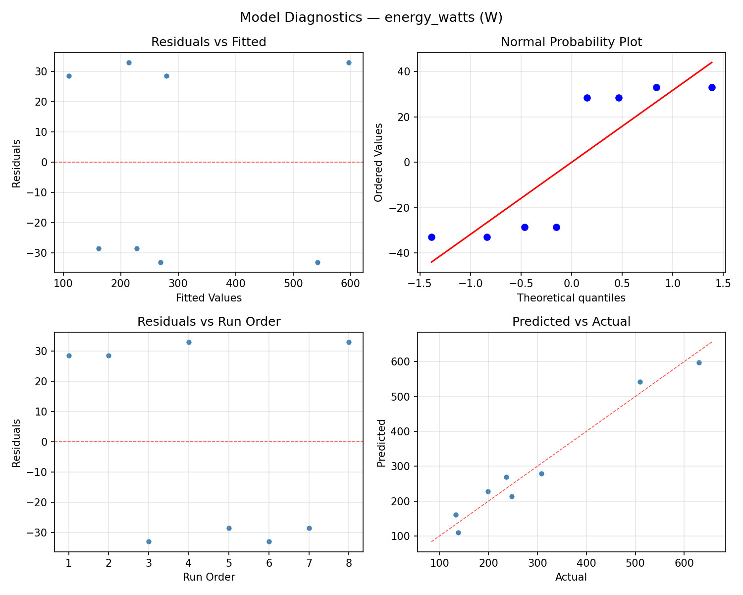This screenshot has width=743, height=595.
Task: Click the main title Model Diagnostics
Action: coord(371,18)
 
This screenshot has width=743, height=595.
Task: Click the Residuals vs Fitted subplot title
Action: coord(209,42)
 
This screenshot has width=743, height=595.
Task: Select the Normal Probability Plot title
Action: coord(571,42)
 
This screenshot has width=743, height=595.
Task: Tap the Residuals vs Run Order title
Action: coord(209,322)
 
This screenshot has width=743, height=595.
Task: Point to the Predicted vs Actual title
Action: coord(571,322)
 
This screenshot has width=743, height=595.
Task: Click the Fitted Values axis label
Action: coord(209,298)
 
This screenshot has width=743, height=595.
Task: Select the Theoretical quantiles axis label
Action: coord(571,298)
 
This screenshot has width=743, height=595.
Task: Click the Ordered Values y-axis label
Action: coord(379,162)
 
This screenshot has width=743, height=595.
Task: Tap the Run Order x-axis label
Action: coord(209,577)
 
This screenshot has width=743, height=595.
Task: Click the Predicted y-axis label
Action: coord(381,442)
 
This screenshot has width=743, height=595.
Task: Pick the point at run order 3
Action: coord(149,541)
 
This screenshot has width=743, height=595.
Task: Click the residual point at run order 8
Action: coord(349,342)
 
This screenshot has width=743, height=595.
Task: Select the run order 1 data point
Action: coord(69,356)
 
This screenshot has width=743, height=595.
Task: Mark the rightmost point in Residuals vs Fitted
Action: coord(349,62)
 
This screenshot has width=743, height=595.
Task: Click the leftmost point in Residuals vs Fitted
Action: coord(69,76)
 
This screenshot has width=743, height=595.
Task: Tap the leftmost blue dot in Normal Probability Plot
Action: coord(431,237)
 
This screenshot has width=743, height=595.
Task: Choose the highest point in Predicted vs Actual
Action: coord(699,362)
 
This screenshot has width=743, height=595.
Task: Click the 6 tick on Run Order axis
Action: coord(268,563)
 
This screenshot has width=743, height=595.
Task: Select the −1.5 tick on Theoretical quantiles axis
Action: coord(420,284)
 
